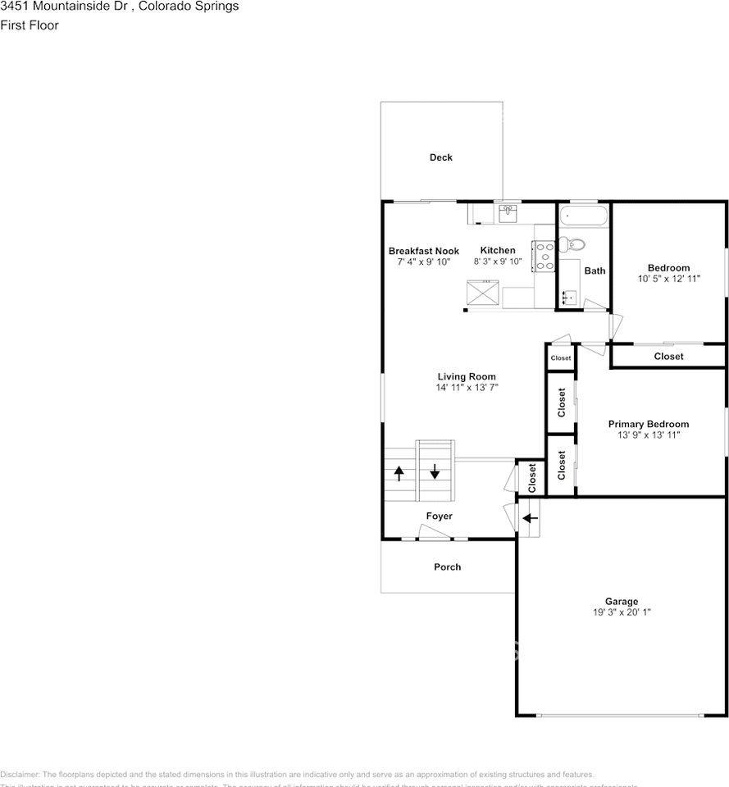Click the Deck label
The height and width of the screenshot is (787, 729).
441,157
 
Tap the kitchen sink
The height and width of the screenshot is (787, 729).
508,212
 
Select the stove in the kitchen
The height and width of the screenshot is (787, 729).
544,256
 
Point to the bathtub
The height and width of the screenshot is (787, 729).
584,216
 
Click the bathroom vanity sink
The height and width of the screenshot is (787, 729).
569,297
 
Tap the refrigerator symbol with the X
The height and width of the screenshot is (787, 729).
483,293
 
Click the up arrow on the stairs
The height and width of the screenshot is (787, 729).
399,473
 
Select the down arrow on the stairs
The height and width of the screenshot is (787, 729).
435,473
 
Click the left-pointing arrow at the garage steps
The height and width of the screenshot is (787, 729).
530,518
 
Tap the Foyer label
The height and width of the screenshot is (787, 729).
439,516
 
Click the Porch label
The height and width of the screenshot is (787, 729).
447,567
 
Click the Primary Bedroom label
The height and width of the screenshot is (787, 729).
648,424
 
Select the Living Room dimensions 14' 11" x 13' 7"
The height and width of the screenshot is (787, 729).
466,388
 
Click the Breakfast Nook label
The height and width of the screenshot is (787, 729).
424,251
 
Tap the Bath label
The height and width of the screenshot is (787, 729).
595,271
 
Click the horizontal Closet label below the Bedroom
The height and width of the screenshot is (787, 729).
668,357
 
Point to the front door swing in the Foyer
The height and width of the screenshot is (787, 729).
435,533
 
